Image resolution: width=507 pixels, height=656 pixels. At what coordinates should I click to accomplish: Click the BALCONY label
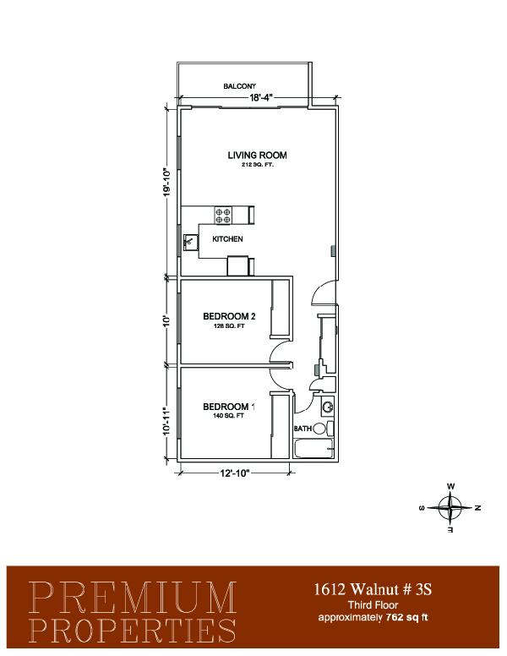click(239, 86)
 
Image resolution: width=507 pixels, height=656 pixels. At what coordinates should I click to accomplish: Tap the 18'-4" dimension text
click(261, 98)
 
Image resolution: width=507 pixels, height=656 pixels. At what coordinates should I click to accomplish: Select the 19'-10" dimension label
click(167, 182)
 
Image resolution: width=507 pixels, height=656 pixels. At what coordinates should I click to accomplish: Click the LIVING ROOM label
click(257, 156)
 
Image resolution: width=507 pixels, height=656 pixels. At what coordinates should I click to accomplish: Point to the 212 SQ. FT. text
click(257, 165)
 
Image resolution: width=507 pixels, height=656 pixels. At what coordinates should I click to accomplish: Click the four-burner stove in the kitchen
click(223, 216)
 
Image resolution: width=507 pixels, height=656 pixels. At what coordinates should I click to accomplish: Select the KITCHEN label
click(227, 239)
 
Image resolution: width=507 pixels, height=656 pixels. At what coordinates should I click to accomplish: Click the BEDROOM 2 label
click(229, 316)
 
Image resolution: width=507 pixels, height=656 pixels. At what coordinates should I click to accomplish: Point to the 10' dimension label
click(167, 321)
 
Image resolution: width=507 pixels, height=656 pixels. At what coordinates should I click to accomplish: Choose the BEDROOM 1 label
click(229, 407)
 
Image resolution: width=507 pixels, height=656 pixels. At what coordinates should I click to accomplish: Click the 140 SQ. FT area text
click(228, 416)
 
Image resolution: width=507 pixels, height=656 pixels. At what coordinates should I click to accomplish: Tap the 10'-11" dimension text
click(167, 421)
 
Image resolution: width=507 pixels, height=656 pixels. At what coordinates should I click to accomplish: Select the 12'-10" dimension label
click(235, 473)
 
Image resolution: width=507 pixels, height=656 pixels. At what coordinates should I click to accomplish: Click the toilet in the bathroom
click(323, 429)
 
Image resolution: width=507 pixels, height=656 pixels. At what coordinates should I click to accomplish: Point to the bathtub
click(313, 449)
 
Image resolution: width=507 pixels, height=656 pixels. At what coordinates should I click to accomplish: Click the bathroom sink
click(328, 407)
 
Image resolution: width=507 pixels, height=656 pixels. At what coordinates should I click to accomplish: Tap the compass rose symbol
click(450, 508)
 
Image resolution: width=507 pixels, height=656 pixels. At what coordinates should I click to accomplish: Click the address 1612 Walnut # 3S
click(373, 589)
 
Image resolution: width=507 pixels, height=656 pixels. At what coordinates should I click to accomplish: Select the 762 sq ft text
click(407, 617)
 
